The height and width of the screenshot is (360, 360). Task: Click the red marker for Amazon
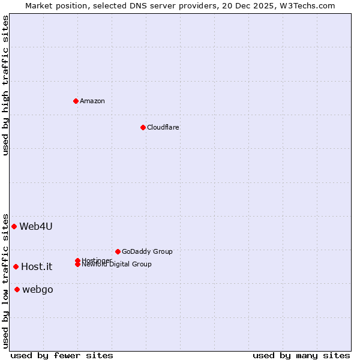pos(76,101)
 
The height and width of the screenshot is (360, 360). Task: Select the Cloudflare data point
pos(143,127)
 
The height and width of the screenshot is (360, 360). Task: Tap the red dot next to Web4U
pos(14,226)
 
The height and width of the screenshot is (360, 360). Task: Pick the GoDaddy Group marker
pos(118,251)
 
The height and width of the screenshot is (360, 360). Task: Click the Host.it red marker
pos(16,266)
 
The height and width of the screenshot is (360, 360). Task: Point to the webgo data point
pos(17,290)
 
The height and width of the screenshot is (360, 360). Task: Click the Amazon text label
pos(92,101)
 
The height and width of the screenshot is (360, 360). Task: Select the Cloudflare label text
pos(163,127)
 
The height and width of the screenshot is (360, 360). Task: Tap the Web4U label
pos(36,226)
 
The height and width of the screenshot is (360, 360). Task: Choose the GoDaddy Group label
pos(147,251)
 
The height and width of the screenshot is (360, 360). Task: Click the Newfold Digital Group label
pos(117,265)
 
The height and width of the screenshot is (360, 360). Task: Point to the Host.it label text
pos(37,266)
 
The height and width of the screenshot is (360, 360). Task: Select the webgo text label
pos(38,290)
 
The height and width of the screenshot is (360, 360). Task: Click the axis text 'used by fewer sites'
pos(62,355)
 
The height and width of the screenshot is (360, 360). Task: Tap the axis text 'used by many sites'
pos(301,355)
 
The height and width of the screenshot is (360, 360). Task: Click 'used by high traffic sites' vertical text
pos(5,85)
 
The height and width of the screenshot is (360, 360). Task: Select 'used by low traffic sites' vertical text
pos(5,280)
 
